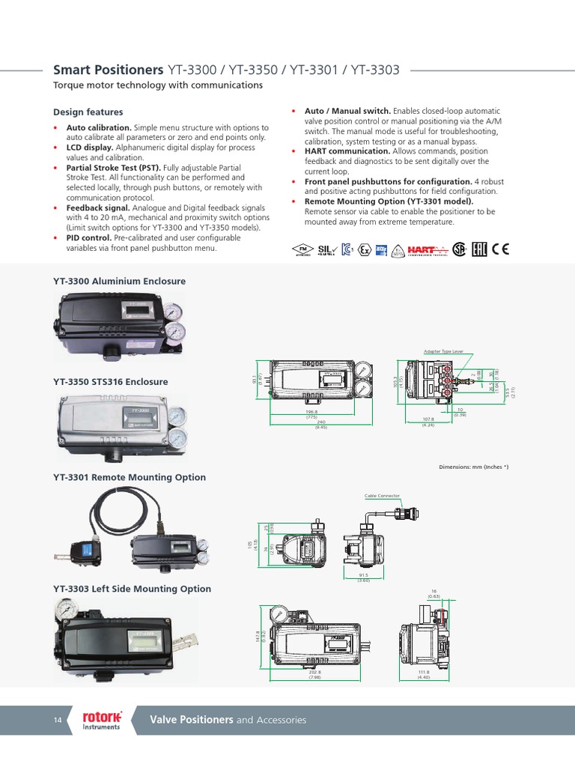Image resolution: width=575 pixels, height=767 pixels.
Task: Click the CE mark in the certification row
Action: tap(500, 249)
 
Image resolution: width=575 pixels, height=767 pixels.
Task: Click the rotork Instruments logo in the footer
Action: tap(102, 720)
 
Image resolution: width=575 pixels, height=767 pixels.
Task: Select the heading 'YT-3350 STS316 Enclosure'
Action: tap(110, 381)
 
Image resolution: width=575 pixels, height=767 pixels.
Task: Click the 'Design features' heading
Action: tap(88, 112)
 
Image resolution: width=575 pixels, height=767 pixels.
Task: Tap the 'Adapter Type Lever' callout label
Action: tap(444, 351)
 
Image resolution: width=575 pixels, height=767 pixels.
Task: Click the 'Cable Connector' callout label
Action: tap(382, 495)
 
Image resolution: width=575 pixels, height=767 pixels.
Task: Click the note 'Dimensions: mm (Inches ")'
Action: tap(473, 467)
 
